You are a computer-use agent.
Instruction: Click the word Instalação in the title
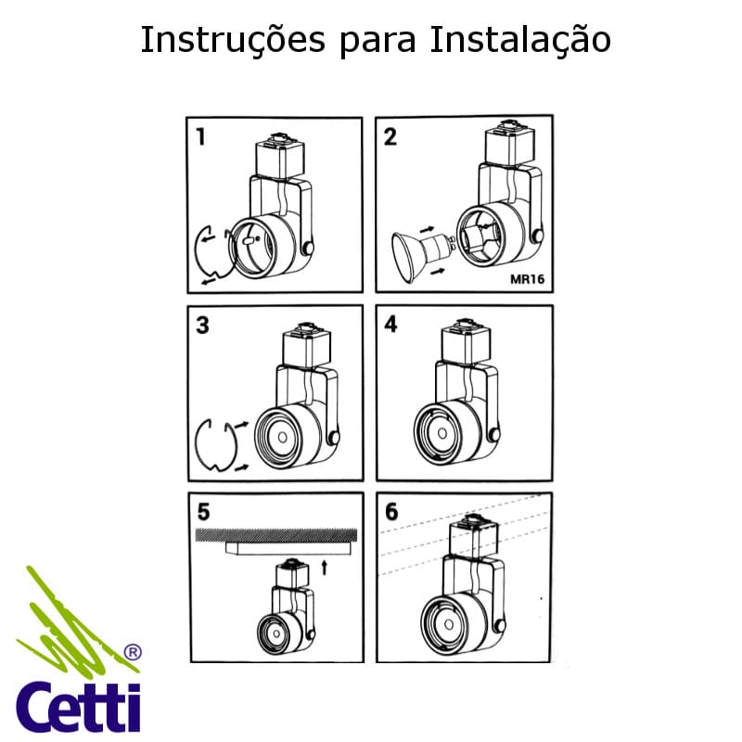(x=520, y=40)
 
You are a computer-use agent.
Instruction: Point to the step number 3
(x=202, y=326)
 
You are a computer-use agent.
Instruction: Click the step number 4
(x=390, y=326)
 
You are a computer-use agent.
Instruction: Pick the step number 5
(x=203, y=511)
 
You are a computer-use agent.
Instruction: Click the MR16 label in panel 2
(x=525, y=277)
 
